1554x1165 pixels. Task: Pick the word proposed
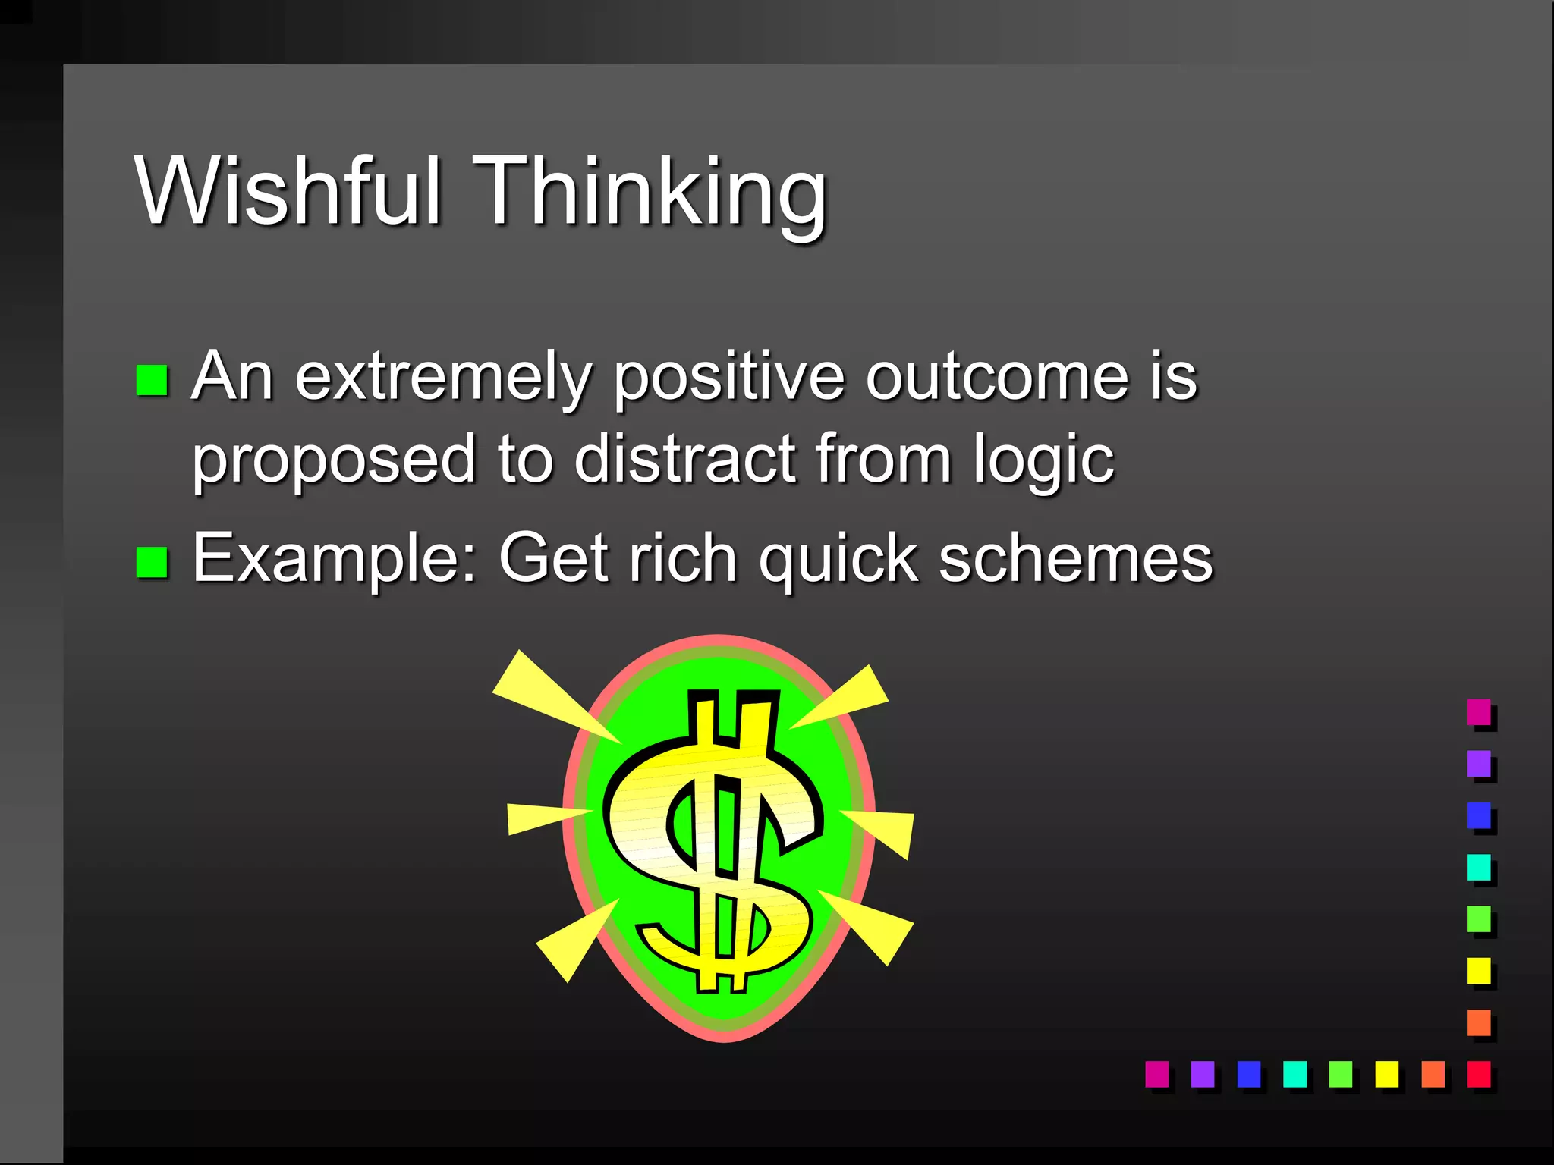click(x=333, y=460)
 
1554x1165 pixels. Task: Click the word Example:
click(x=335, y=560)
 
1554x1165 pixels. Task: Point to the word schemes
click(x=1075, y=558)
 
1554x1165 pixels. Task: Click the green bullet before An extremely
click(x=152, y=381)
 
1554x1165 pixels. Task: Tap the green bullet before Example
click(x=152, y=563)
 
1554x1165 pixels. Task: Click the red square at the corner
click(x=1478, y=1073)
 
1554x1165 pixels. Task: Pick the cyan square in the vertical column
click(x=1478, y=867)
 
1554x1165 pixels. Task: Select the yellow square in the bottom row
click(x=1386, y=1073)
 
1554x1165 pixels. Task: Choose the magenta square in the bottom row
click(x=1156, y=1073)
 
